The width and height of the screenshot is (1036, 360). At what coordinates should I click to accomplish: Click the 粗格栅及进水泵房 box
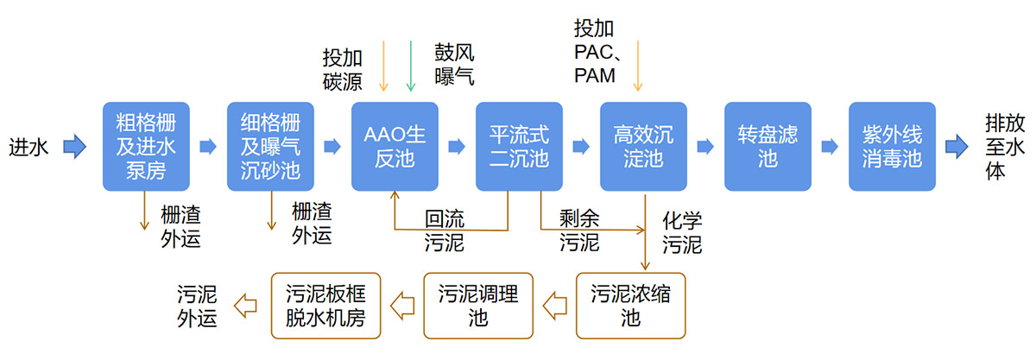pyautogui.click(x=145, y=146)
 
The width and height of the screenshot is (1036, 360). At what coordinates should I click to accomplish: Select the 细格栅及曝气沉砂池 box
pyautogui.click(x=269, y=146)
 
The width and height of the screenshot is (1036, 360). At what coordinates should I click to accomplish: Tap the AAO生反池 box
pyautogui.click(x=395, y=146)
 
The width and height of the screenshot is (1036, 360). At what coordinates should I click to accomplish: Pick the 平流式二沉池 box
pyautogui.click(x=519, y=146)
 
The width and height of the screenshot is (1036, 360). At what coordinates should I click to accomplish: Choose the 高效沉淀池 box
pyautogui.click(x=643, y=146)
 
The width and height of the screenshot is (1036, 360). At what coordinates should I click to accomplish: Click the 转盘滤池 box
pyautogui.click(x=768, y=146)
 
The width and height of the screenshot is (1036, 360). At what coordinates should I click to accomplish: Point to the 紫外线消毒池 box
pyautogui.click(x=892, y=146)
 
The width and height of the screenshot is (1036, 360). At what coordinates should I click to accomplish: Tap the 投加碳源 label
pyautogui.click(x=343, y=69)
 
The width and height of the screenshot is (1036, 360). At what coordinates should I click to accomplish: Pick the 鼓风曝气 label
pyautogui.click(x=454, y=64)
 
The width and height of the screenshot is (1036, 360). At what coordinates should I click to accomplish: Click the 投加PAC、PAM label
pyautogui.click(x=595, y=52)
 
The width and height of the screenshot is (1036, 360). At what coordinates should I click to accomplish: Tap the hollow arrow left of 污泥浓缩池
pyautogui.click(x=554, y=305)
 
